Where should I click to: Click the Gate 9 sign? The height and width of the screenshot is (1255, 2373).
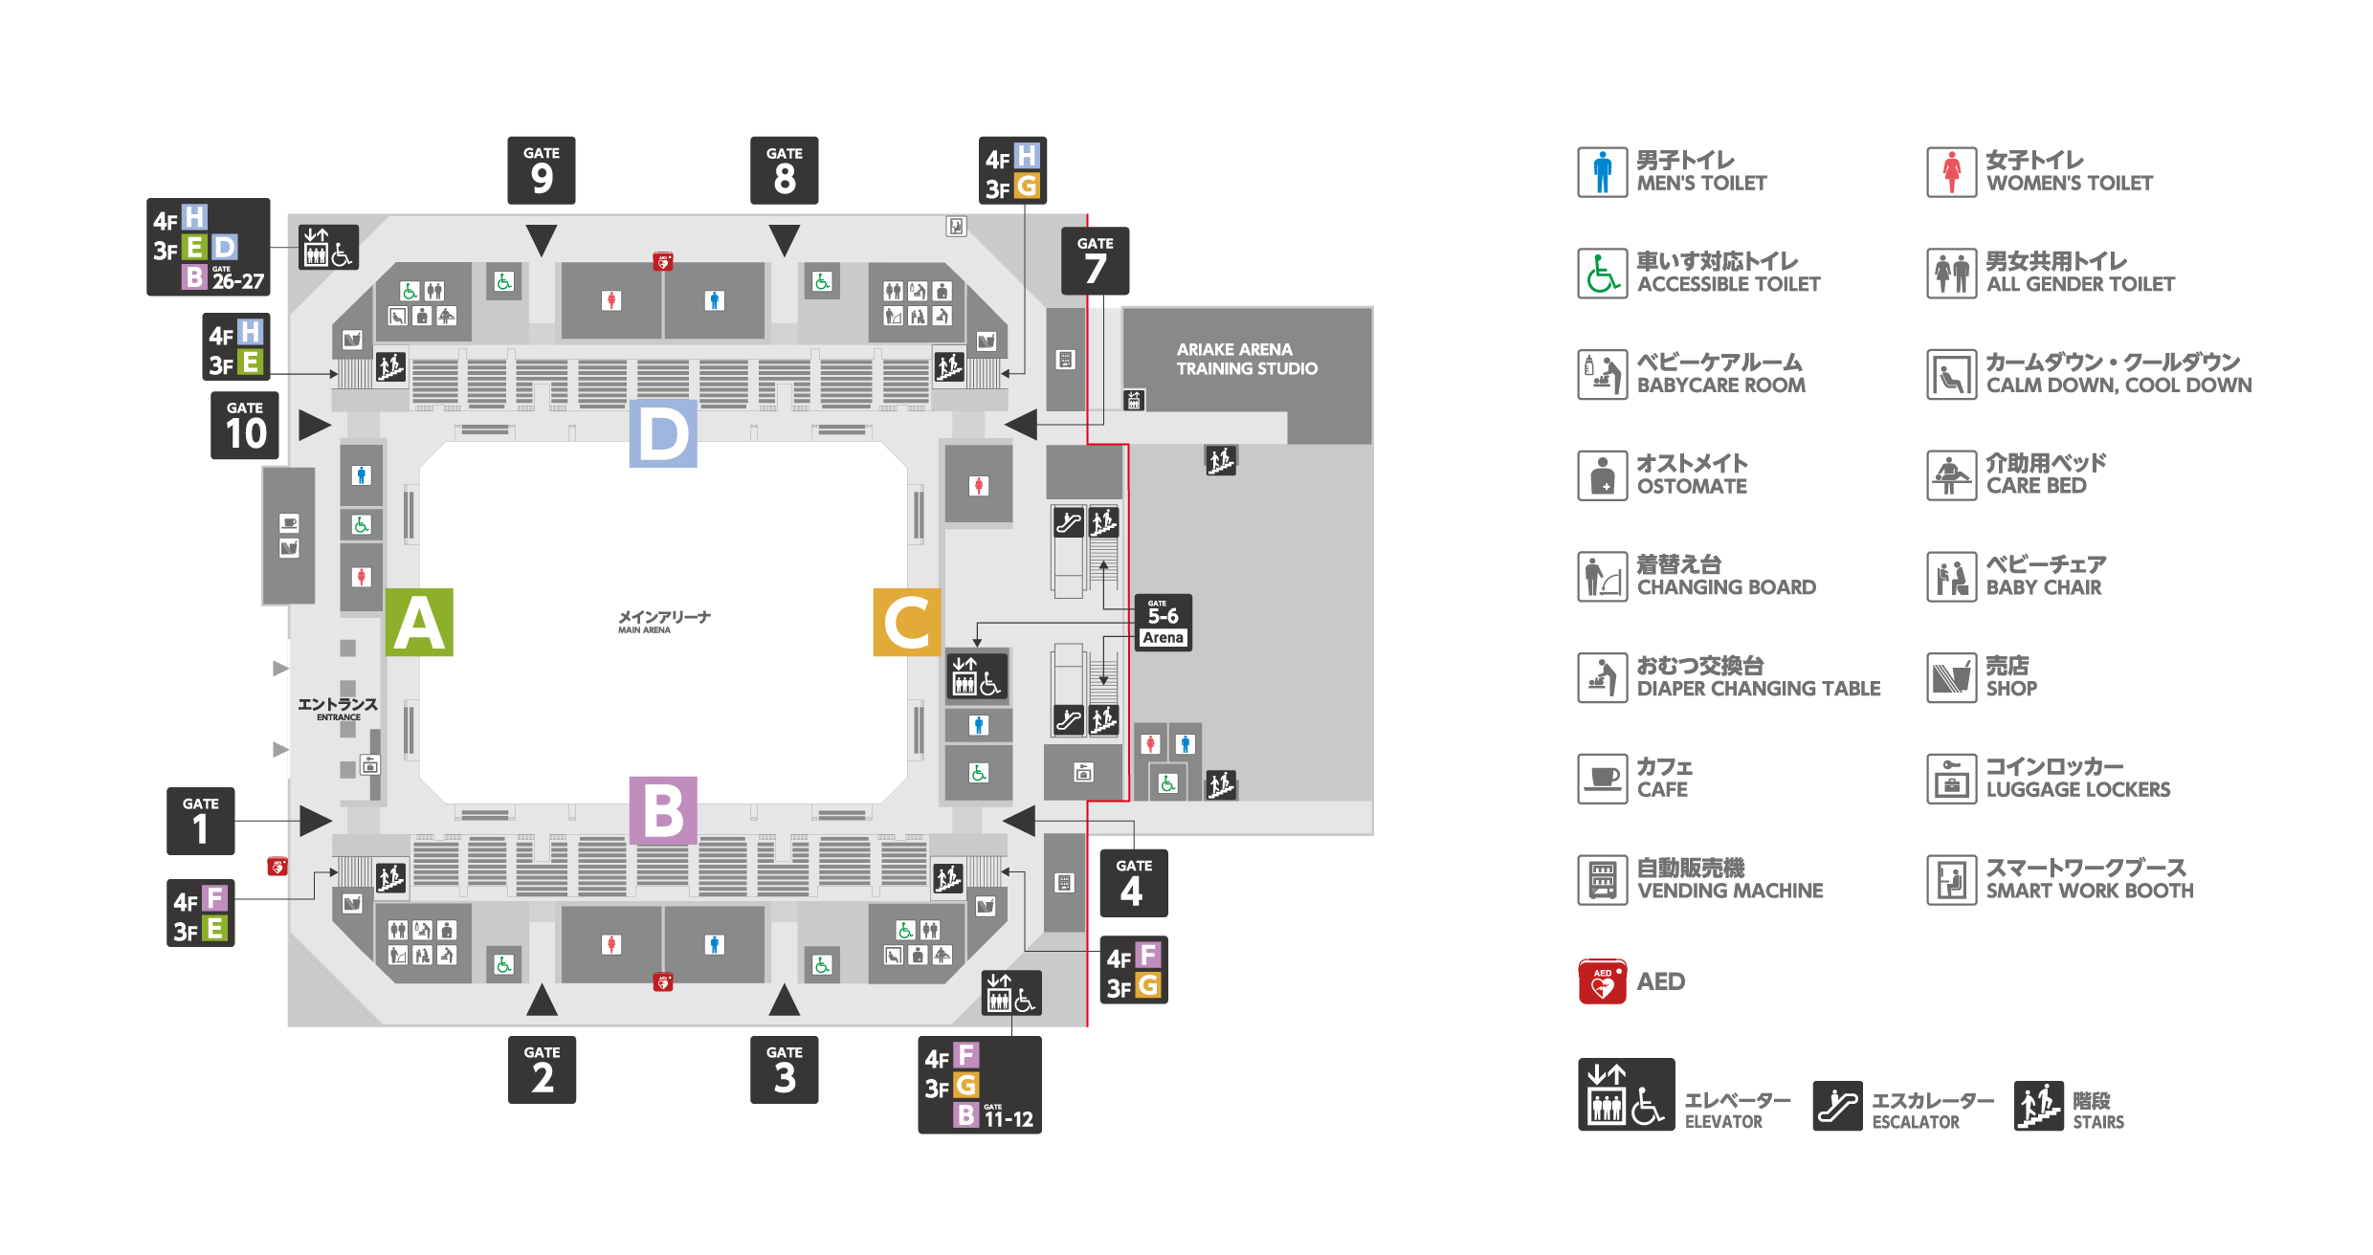point(542,170)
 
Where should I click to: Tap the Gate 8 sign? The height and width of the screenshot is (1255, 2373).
point(785,170)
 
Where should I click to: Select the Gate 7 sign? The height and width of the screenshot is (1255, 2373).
point(1096,261)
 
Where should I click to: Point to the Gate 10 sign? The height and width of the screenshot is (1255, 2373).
point(245,426)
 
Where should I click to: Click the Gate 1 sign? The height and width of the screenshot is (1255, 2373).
point(201,821)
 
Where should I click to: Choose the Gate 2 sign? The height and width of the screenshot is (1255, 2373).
point(543,1070)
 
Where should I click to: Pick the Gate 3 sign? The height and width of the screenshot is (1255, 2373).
point(785,1070)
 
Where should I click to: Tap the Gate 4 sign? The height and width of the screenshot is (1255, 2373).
point(1134,883)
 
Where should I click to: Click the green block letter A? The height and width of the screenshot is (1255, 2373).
point(419,623)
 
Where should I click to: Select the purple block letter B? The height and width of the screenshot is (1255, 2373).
point(663,811)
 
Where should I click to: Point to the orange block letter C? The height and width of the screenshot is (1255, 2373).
point(907,623)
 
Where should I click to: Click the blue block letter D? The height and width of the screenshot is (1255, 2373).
point(663,433)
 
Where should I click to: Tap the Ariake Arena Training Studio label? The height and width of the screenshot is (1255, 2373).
point(1247,359)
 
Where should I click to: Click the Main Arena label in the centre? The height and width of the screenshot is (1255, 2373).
point(664,622)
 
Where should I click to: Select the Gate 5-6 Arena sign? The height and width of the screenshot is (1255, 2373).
point(1164,623)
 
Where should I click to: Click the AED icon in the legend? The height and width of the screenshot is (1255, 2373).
point(1603,981)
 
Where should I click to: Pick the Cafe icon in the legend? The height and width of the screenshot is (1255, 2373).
point(1603,779)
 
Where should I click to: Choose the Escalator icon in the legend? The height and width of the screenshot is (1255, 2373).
point(1837,1106)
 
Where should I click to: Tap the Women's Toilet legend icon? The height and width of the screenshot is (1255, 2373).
point(1952,172)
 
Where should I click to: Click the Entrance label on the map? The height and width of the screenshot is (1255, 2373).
point(338,708)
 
